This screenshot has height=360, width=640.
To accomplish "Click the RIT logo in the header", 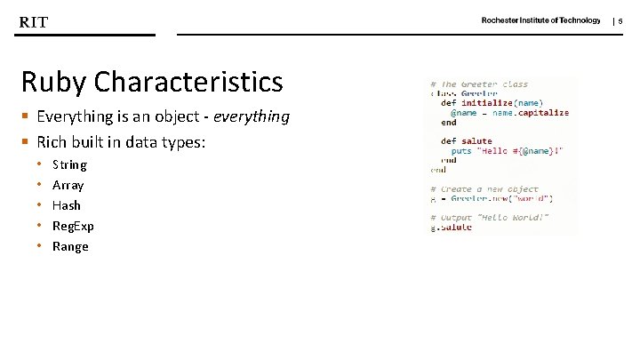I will (34, 22).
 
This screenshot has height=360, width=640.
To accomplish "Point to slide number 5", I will (621, 20).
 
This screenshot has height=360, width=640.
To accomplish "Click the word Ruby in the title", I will (53, 83).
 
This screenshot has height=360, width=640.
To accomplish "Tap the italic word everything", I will (253, 116).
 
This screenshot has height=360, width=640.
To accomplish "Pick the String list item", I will (69, 164).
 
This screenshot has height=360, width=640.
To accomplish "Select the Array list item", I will (68, 185).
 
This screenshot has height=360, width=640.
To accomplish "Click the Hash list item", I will (67, 205).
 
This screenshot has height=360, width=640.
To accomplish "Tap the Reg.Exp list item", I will (73, 226).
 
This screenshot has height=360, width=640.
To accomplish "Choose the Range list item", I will (70, 246).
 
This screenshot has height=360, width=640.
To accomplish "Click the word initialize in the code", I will (487, 103).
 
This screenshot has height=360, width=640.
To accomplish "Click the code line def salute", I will (466, 140).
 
